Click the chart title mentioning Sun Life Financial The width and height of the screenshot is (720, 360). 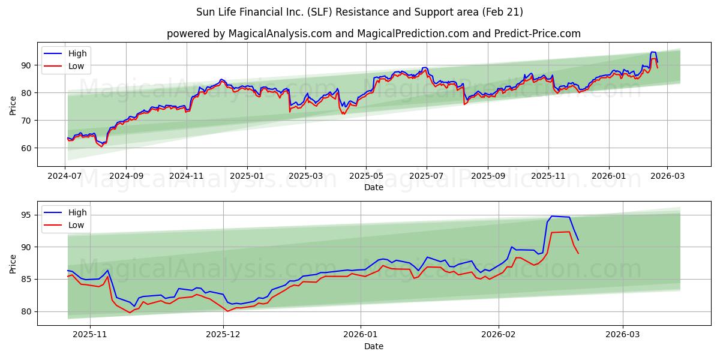click(359, 12)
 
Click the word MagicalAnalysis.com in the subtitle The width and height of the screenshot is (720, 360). click(280, 34)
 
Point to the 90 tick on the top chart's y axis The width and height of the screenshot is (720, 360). click(26, 65)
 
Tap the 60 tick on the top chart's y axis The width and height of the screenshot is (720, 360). click(26, 148)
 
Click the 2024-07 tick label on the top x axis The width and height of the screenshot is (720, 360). click(65, 177)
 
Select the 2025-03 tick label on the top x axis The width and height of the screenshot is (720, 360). click(305, 177)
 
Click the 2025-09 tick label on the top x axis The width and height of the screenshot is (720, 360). click(487, 177)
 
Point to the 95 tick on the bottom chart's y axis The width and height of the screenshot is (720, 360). click(26, 214)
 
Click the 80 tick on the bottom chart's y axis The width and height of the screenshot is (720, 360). click(26, 311)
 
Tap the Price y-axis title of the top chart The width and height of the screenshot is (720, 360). click(13, 106)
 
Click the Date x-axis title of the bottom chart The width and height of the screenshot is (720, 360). click(374, 346)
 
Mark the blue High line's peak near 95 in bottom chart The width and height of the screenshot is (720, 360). click(552, 216)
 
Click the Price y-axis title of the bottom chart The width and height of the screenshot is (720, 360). click(13, 263)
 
